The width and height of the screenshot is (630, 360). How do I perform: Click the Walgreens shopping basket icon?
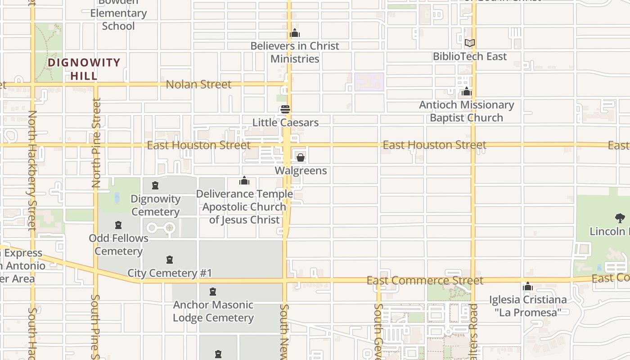(300, 157)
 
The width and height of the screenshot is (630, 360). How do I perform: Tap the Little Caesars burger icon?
(285, 109)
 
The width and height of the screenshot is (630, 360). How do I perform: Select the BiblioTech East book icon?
(469, 43)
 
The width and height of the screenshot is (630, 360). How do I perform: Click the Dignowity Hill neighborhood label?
(84, 69)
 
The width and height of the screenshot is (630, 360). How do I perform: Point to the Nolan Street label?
(198, 84)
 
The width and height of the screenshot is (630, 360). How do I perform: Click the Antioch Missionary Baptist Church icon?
(467, 92)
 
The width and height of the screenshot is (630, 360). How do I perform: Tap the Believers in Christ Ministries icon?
(295, 33)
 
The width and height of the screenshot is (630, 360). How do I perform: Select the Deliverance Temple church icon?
(244, 181)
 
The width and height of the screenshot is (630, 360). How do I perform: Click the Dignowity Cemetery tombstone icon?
(155, 185)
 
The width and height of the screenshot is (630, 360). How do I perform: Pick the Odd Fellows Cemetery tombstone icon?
(118, 225)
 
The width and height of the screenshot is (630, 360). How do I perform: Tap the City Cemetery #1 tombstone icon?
(170, 260)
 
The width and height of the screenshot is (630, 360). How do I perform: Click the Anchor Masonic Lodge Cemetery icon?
(213, 292)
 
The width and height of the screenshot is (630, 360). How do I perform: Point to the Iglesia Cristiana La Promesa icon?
(528, 287)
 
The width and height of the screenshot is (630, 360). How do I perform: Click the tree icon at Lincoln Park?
(620, 218)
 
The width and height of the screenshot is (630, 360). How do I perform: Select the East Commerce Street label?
(425, 281)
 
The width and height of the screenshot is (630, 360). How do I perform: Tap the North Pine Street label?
(96, 143)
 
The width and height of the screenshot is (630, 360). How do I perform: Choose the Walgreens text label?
(301, 171)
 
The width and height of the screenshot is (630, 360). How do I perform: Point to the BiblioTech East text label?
(469, 56)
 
